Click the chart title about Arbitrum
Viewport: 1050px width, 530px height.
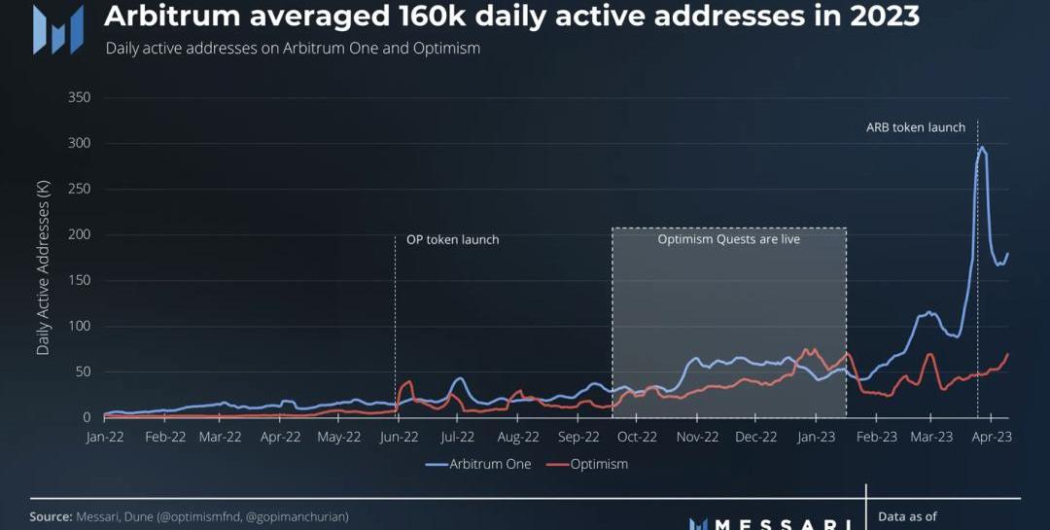coord(511,17)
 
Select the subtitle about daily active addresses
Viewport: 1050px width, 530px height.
coord(293,48)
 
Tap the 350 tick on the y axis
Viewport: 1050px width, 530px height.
coord(80,97)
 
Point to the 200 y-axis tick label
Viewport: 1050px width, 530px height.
coord(80,234)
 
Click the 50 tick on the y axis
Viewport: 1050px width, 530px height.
coord(83,371)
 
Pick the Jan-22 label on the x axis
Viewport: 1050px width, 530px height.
coord(105,437)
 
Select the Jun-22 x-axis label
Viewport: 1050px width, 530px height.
coord(400,437)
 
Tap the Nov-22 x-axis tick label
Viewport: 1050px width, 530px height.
coord(696,437)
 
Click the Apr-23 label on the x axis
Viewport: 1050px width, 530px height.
coord(992,437)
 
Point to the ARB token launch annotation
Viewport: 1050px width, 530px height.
coord(916,127)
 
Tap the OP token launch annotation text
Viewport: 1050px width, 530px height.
coord(452,239)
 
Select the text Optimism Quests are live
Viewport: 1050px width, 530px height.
coord(728,238)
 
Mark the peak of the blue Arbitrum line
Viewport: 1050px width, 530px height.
coord(982,148)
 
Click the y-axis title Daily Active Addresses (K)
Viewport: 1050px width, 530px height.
coord(43,269)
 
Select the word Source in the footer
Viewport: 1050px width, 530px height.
coord(51,516)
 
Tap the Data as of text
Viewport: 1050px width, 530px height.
coord(907,516)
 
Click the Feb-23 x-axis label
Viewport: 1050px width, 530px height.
coord(876,437)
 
